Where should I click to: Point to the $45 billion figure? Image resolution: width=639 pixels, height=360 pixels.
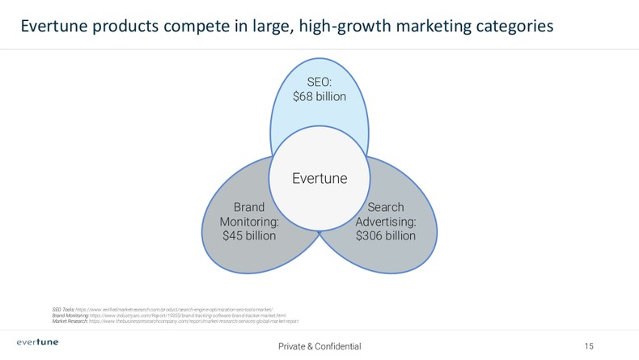tap(249, 236)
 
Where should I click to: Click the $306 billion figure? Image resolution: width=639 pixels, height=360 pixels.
tap(386, 236)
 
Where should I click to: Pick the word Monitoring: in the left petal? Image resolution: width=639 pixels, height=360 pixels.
tap(249, 221)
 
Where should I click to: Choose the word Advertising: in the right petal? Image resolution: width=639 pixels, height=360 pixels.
tap(386, 221)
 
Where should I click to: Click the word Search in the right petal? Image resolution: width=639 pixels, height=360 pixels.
tap(386, 206)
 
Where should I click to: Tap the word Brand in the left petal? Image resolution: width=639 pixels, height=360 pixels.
tap(250, 206)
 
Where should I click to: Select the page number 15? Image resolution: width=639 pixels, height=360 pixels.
tap(589, 346)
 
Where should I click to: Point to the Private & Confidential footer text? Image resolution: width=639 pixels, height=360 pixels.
tap(319, 346)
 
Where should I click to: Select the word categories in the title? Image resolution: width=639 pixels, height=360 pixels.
tap(513, 27)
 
